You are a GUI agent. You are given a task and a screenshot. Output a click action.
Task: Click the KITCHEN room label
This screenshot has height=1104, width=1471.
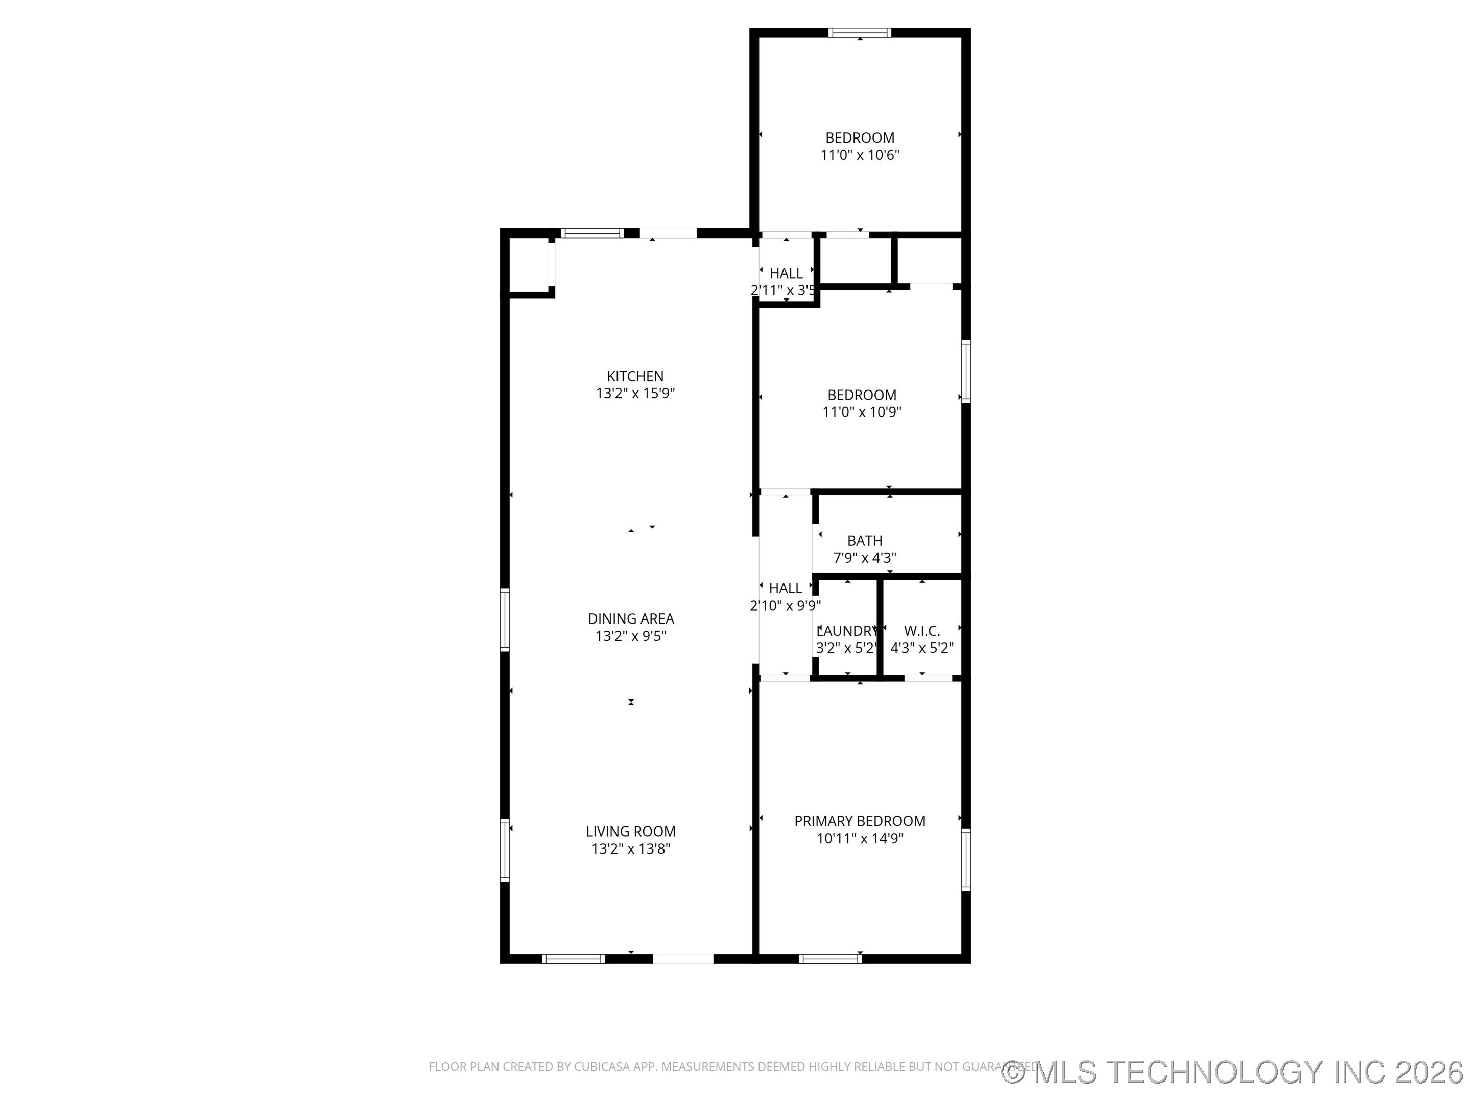635,376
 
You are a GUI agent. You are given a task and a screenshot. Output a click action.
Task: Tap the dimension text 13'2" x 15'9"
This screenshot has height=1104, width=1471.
635,393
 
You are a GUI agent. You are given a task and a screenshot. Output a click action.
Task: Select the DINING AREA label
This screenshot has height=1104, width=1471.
630,618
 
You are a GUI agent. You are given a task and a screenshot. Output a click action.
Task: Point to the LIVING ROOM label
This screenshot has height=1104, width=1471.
630,831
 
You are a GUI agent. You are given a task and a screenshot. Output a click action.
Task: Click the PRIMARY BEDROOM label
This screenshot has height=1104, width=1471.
859,821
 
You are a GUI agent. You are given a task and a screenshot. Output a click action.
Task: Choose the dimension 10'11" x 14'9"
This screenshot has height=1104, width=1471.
859,839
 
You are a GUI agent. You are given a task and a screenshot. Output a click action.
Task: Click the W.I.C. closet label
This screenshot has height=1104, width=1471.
922,631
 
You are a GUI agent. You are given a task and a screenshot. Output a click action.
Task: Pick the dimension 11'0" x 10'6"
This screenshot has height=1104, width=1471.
859,155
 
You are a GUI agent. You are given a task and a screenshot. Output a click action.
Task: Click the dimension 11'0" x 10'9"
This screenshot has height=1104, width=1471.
862,412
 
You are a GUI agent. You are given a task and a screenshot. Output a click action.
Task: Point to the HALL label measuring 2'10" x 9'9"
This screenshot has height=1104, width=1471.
786,588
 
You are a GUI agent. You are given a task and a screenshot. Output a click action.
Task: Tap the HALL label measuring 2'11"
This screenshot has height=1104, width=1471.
786,273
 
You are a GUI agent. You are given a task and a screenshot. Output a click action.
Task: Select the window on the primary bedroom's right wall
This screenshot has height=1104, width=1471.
965,859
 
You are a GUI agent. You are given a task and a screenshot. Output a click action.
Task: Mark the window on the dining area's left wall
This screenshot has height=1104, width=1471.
505,620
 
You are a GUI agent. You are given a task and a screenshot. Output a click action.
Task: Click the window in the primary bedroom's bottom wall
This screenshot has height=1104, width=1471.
830,958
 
